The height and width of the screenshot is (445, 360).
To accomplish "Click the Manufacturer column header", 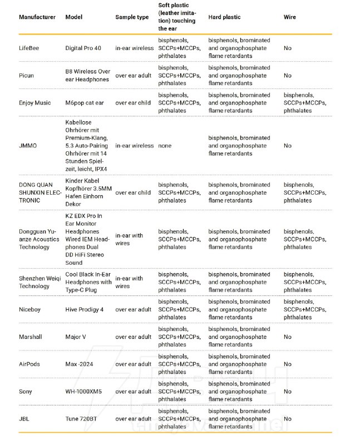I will (37, 17).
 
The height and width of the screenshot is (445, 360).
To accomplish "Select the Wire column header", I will (290, 17).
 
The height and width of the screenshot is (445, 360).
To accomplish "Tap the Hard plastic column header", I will (224, 17).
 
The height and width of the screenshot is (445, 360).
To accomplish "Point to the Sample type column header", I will (132, 17).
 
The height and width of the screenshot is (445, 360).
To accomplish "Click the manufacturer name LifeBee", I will (29, 48).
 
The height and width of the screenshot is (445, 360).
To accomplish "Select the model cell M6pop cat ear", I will (85, 103).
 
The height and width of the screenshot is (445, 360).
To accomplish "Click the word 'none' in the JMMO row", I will (165, 146).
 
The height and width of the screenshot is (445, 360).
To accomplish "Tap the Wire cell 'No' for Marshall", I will (288, 337).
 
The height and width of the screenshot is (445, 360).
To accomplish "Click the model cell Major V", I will (76, 337).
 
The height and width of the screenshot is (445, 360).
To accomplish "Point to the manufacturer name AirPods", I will (29, 364).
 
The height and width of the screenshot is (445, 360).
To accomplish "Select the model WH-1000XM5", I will (83, 392).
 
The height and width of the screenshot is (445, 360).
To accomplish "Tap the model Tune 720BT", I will (81, 419).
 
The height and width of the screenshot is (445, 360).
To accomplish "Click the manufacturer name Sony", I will (26, 392).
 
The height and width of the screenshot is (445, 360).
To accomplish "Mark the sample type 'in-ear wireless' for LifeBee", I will (135, 48).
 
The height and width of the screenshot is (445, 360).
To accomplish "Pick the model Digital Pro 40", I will (83, 48).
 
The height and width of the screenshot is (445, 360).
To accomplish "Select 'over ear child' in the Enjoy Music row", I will (133, 103).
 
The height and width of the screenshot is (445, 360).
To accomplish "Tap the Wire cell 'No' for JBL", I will (288, 419).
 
